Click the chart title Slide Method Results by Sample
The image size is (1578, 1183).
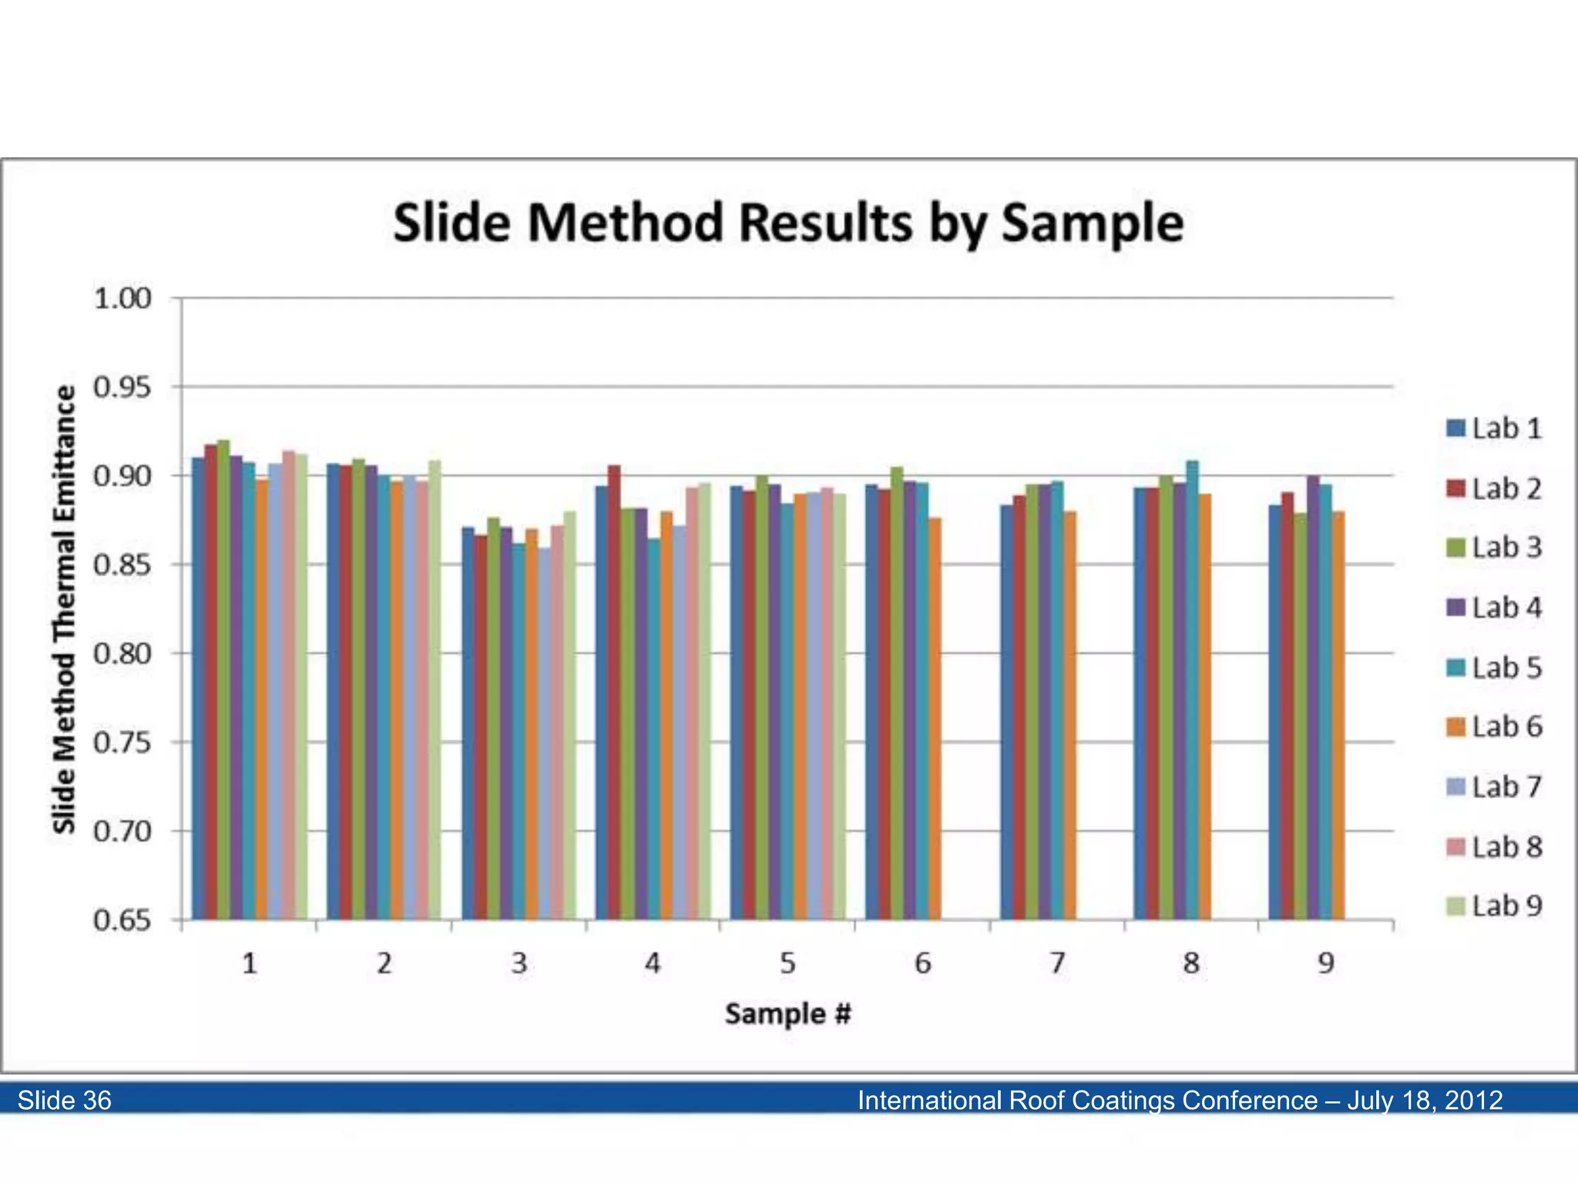tap(788, 223)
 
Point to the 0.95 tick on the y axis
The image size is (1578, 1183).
tap(122, 387)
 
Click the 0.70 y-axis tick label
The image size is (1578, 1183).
tap(122, 832)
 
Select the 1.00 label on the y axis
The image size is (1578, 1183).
tap(122, 299)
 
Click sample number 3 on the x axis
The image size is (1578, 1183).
tap(519, 963)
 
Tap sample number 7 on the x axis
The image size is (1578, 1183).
tap(1057, 963)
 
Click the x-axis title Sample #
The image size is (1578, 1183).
tap(787, 1014)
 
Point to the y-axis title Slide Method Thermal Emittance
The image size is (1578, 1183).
tap(65, 608)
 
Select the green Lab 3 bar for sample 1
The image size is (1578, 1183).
tap(223, 678)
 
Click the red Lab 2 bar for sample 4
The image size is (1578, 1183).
tap(614, 693)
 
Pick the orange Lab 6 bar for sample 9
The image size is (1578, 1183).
tap(1338, 716)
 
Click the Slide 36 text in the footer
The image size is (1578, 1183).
tap(65, 1100)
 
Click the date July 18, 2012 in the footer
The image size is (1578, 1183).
tap(1425, 1100)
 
